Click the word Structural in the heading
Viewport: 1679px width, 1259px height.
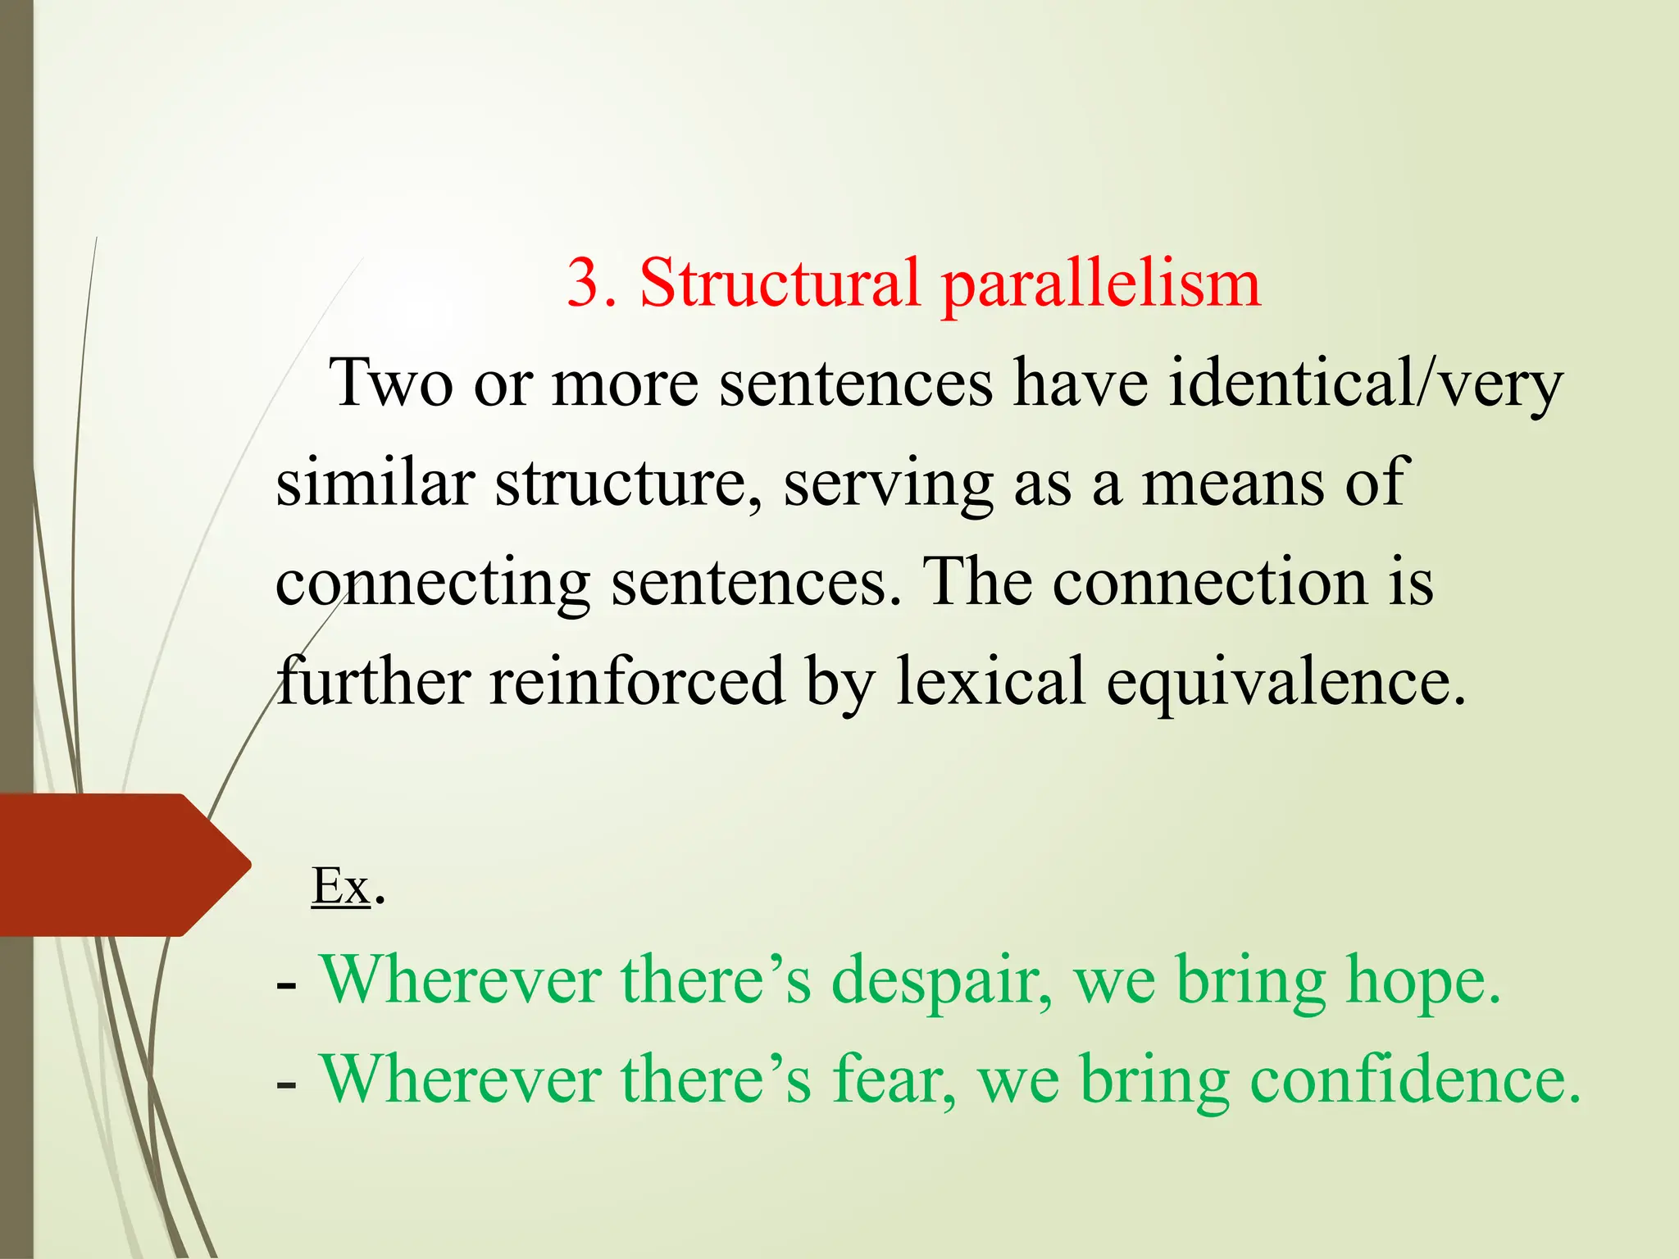pos(779,284)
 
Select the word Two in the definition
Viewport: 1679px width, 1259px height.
pos(390,384)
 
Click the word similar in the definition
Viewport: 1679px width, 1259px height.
pos(375,482)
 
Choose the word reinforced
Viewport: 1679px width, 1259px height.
pos(637,680)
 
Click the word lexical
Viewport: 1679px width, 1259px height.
pos(991,680)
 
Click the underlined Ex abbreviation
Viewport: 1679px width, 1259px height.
pos(340,886)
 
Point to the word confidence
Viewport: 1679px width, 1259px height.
pos(1414,1079)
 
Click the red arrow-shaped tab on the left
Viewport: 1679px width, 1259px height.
pos(115,865)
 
